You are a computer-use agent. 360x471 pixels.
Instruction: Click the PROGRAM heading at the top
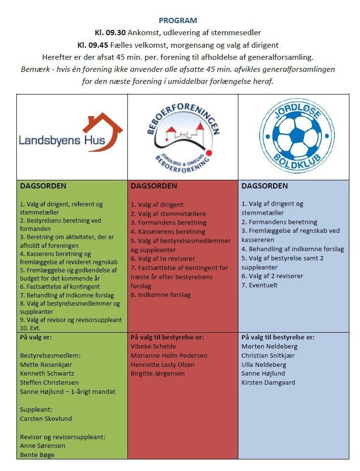point(178,20)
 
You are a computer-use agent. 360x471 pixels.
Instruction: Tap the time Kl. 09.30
point(111,33)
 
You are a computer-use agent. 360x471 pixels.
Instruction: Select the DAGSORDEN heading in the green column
point(43,186)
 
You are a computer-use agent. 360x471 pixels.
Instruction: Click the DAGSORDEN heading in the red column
point(154,186)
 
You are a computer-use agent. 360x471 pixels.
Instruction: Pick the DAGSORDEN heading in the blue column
point(264,186)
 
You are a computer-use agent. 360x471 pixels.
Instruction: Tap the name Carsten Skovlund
point(46,418)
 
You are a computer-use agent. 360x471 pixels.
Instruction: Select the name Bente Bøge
point(37,455)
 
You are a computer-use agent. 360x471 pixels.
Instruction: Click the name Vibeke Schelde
point(153,346)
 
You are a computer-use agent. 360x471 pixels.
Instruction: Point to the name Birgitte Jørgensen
point(157,373)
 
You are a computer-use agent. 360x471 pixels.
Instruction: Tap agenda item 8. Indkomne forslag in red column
point(161,294)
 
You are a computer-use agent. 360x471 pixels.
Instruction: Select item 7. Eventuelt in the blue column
point(260,285)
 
